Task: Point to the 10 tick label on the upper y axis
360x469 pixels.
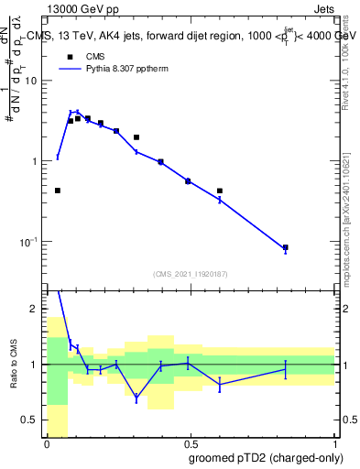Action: click(31, 81)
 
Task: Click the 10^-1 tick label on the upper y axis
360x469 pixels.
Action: click(30, 241)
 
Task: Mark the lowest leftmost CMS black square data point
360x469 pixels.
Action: click(58, 191)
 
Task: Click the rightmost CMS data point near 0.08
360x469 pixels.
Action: click(286, 247)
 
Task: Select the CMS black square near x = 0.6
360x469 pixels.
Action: click(220, 191)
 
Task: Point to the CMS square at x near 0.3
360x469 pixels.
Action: click(136, 137)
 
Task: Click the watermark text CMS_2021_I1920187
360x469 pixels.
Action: click(190, 274)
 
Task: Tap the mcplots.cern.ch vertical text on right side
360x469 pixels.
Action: click(351, 211)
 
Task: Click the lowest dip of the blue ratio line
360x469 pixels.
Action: click(136, 398)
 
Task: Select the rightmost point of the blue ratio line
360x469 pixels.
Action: click(286, 369)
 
